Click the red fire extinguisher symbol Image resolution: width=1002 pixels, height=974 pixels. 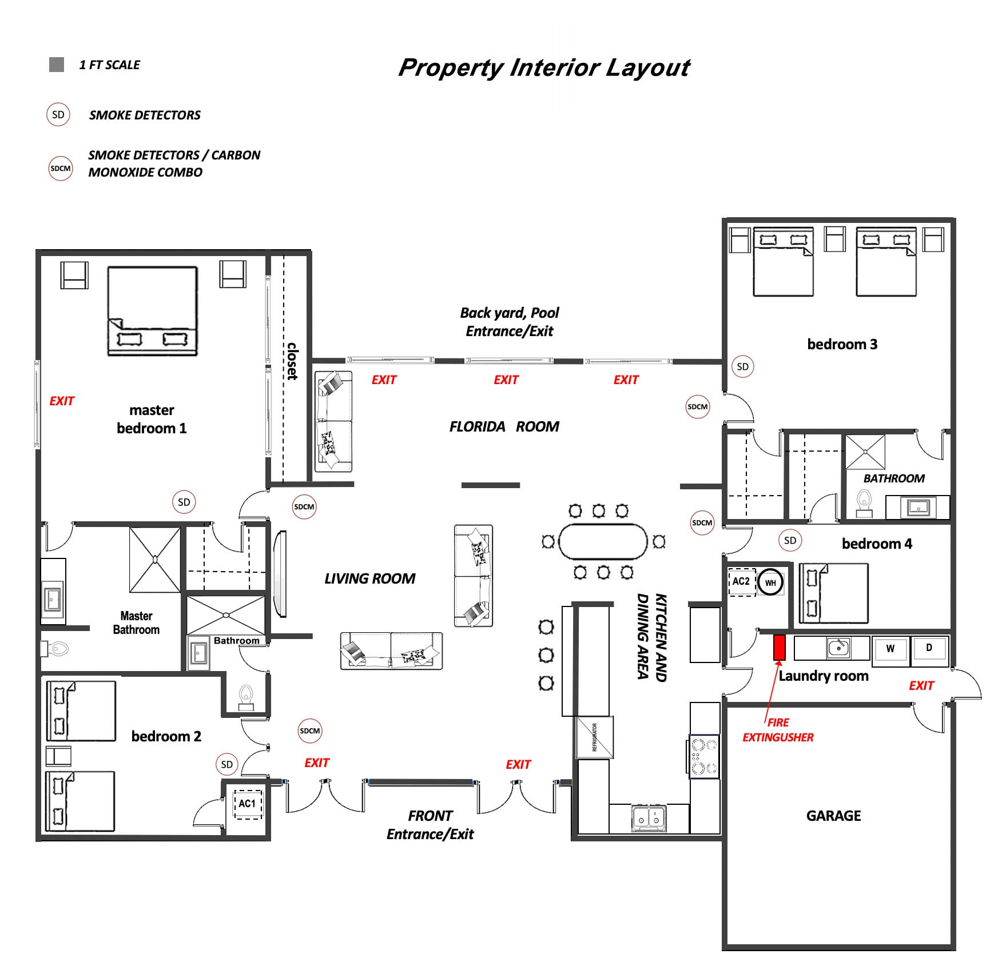tap(779, 648)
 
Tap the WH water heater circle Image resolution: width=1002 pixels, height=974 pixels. tap(770, 583)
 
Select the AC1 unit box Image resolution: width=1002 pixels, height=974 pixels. tap(248, 804)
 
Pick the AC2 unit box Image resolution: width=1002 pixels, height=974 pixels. tap(741, 582)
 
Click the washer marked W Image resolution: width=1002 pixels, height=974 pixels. tap(890, 650)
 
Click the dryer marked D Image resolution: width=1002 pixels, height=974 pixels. tap(929, 650)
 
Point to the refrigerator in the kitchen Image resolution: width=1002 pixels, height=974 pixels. tap(594, 737)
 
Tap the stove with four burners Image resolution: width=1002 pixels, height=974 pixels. tap(704, 756)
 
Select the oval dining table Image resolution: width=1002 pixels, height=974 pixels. tap(603, 541)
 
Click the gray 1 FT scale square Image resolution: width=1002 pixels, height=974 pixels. tap(57, 65)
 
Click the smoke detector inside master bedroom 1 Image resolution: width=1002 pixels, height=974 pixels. tap(184, 502)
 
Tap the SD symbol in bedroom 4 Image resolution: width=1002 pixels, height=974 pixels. tap(790, 541)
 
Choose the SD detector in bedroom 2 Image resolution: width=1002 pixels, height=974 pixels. tap(226, 765)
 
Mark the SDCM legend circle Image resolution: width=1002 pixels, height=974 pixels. tap(61, 169)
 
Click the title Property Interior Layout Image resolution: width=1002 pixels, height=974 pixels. tap(544, 67)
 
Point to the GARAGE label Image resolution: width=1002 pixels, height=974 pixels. tap(833, 816)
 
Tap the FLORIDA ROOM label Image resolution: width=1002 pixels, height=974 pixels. tap(504, 427)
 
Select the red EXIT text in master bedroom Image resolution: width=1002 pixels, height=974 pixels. tap(62, 401)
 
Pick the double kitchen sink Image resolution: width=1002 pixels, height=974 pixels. tap(649, 818)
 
